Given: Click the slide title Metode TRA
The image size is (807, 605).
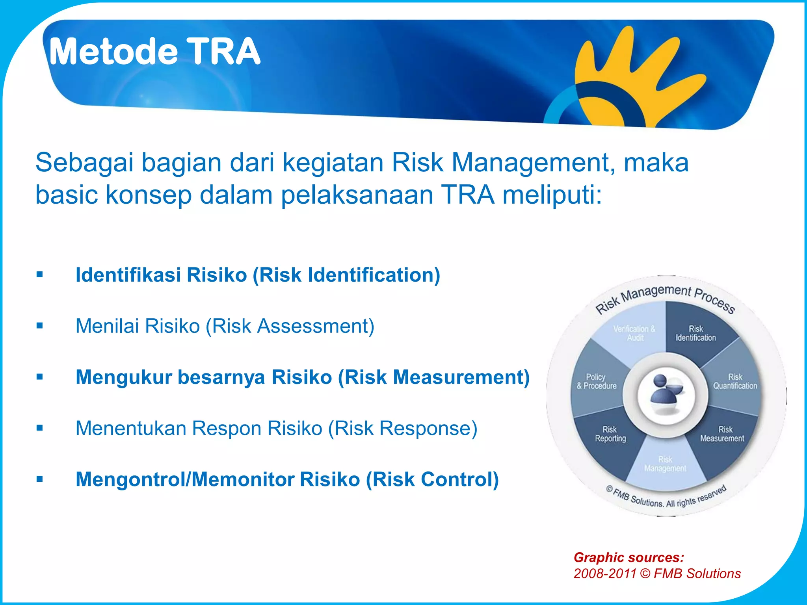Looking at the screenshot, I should (154, 52).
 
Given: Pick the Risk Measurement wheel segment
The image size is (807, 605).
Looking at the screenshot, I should (722, 434).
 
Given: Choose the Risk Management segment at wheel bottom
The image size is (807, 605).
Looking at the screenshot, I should (665, 464).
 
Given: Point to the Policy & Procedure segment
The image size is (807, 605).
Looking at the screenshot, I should (596, 382).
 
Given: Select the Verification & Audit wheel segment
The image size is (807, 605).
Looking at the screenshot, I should (634, 333).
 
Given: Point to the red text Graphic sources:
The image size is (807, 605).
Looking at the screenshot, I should (628, 557).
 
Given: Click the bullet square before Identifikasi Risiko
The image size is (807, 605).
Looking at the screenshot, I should (39, 275).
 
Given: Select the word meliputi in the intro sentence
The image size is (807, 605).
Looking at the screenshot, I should (552, 195).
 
